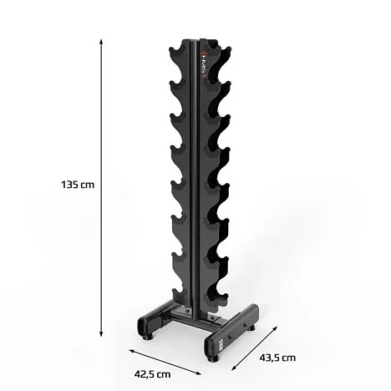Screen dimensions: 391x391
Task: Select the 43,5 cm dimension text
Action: point(277,357)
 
